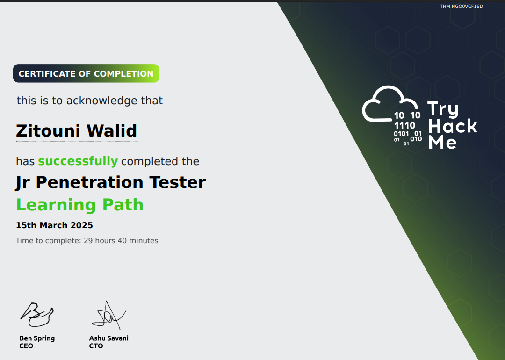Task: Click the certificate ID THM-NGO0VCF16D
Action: tap(461, 7)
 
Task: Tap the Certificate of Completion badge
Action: tap(86, 73)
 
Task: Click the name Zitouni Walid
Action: tap(77, 130)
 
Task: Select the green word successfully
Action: tap(78, 161)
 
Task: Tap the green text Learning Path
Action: tap(79, 205)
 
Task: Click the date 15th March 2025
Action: tap(54, 225)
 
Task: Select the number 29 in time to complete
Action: tap(88, 241)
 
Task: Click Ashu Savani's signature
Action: tap(108, 314)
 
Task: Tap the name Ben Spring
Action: tap(37, 338)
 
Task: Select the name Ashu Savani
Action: tap(108, 338)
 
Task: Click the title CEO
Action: tap(26, 346)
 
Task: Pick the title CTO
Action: tap(96, 346)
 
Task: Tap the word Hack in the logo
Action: tap(453, 126)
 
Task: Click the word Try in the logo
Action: tap(443, 109)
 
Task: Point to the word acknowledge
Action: tap(96, 101)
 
